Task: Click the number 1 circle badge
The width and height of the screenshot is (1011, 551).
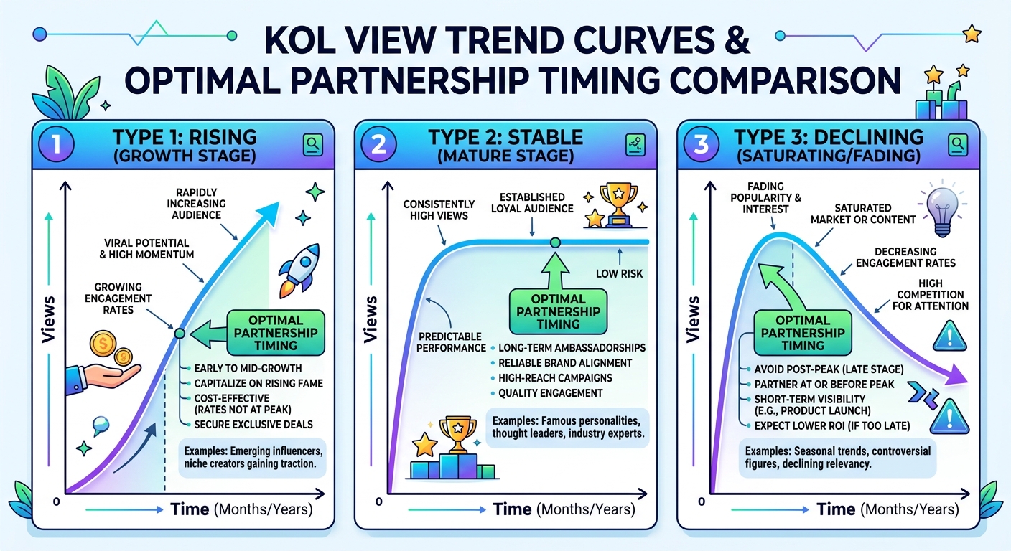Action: (57, 145)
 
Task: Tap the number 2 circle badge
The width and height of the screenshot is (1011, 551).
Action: (378, 145)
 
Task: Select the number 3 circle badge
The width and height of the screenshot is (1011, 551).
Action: (701, 145)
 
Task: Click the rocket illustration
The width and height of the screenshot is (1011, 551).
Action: (299, 270)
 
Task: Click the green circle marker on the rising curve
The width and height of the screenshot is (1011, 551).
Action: (180, 334)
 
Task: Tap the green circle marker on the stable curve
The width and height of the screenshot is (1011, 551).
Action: (555, 242)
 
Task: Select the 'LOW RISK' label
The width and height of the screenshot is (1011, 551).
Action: (619, 273)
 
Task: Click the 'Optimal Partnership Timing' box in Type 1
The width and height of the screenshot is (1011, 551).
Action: (276, 333)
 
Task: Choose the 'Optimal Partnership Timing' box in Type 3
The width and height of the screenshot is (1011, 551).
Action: (803, 333)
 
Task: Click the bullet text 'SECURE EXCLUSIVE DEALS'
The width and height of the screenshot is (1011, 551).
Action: (253, 425)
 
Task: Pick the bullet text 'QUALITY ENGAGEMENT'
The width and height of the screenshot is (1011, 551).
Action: (550, 393)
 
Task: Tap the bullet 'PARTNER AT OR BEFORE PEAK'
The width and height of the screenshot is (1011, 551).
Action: (824, 384)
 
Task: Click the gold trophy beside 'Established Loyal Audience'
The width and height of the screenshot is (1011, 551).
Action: (619, 204)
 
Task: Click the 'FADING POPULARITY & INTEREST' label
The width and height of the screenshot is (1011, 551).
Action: (765, 197)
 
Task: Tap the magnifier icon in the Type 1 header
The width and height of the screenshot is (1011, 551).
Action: (313, 145)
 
